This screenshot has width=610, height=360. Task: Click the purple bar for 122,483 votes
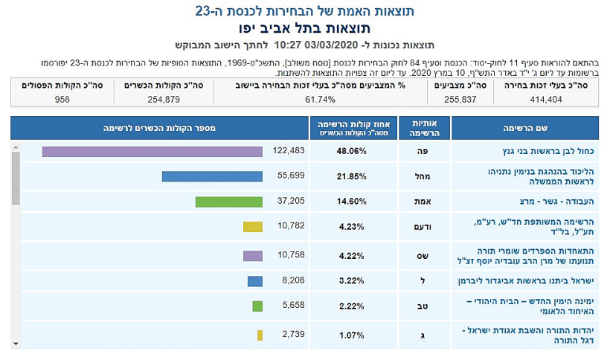pyautogui.click(x=152, y=152)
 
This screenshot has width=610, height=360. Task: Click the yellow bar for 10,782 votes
pyautogui.click(x=253, y=227)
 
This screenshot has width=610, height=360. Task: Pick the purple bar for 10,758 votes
pyautogui.click(x=253, y=256)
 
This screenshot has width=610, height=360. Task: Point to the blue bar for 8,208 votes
pyautogui.click(x=255, y=281)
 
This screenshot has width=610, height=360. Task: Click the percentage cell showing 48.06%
pyautogui.click(x=353, y=151)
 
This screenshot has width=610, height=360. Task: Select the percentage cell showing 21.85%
pyautogui.click(x=353, y=176)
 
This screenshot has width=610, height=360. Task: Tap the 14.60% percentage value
pyautogui.click(x=353, y=202)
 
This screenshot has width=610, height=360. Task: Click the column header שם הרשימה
pyautogui.click(x=525, y=128)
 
